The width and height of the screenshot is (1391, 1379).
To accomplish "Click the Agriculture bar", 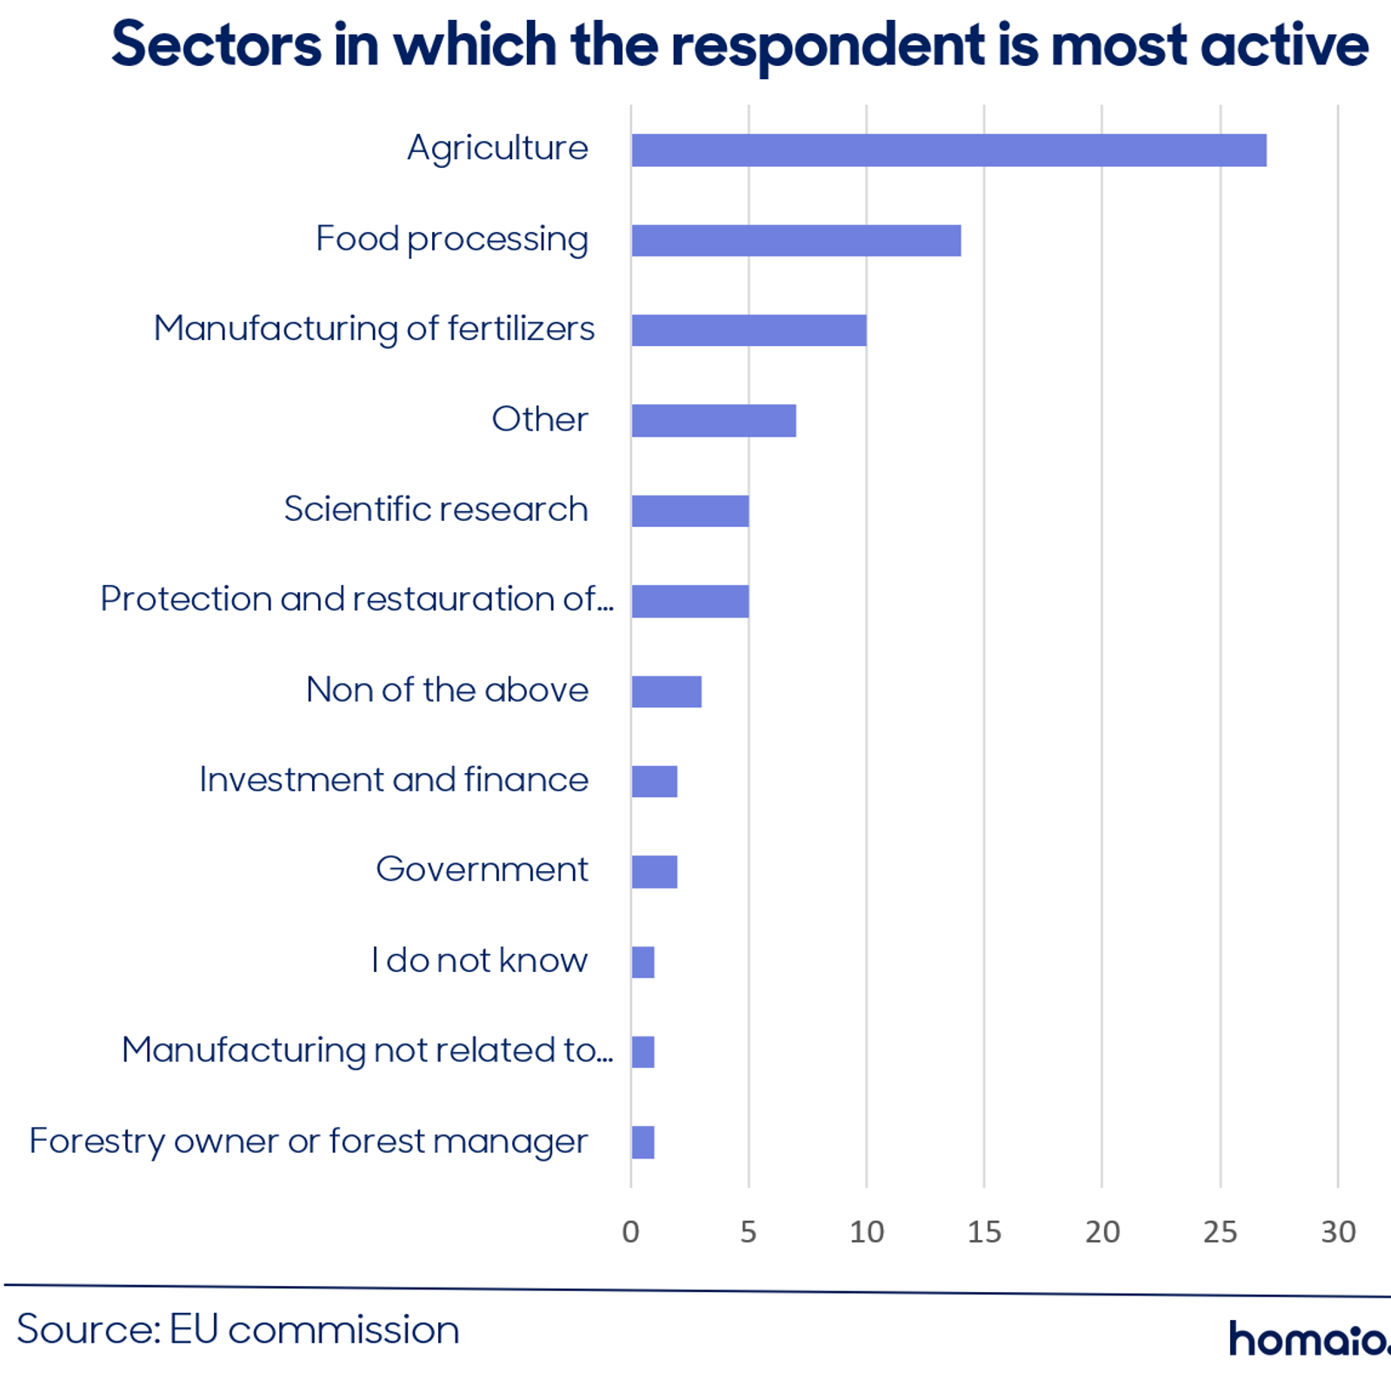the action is [x=948, y=150].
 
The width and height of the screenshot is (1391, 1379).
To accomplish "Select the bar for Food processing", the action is [x=796, y=241].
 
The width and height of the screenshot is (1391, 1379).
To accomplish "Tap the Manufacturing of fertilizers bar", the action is [x=749, y=330].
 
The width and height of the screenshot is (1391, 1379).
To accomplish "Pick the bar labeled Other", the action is [x=714, y=421].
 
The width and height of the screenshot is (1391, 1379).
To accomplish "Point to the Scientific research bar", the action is [x=690, y=511].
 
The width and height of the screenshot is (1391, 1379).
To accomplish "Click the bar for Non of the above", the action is [x=667, y=691].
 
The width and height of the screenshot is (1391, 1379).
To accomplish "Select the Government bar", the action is [x=655, y=872].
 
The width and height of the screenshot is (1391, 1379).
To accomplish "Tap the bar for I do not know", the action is [x=643, y=963].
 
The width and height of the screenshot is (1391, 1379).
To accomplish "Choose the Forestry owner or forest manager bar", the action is [x=643, y=1143].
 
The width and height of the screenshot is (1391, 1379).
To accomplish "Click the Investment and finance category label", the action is [x=394, y=780].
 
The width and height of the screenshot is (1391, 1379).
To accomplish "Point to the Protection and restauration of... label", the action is [x=357, y=599].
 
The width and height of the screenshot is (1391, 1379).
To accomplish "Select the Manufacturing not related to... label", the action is [x=368, y=1050].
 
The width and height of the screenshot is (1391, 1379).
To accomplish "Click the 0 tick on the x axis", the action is [x=631, y=1232].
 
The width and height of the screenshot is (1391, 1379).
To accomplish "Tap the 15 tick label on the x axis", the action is [x=984, y=1232].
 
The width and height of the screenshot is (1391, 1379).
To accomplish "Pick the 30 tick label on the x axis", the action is [x=1338, y=1232].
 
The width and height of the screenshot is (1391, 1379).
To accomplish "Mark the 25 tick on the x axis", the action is [x=1220, y=1232].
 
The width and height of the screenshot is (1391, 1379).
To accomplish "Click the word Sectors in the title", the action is [x=216, y=44].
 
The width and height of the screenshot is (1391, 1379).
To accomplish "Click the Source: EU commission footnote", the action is [x=238, y=1329].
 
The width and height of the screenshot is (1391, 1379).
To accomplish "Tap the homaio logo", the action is [x=1309, y=1339].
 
